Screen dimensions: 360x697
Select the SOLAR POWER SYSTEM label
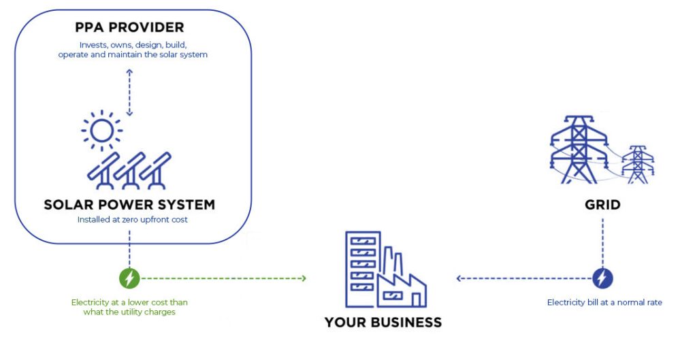click(129, 204)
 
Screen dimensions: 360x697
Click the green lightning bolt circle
click(129, 278)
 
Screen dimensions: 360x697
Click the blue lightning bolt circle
click(602, 278)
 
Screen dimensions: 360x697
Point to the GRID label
click(602, 204)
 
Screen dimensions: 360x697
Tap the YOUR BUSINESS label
click(383, 322)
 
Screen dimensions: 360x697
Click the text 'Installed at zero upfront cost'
click(129, 220)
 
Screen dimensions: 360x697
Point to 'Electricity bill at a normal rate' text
click(604, 302)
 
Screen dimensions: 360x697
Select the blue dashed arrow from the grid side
click(524, 278)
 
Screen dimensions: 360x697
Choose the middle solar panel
click(129, 169)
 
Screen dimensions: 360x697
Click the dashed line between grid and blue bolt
click(602, 242)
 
